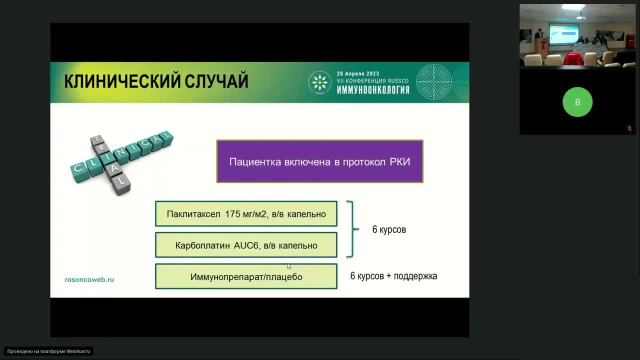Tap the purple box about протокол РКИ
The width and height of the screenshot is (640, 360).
(x=319, y=161)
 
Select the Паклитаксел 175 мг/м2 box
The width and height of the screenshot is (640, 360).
(x=246, y=214)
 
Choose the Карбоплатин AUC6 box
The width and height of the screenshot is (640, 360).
(x=246, y=245)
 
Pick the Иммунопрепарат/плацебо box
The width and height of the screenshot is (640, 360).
(x=246, y=276)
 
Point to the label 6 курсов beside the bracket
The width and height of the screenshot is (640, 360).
(x=389, y=229)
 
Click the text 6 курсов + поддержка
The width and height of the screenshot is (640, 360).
(x=393, y=276)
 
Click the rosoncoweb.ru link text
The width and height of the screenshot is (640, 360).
(x=89, y=279)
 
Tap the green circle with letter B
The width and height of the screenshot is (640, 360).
(x=577, y=102)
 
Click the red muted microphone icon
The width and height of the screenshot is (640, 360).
(x=629, y=128)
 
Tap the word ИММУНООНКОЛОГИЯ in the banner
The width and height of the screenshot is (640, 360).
(x=372, y=90)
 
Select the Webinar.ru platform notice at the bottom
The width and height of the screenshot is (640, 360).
(x=48, y=351)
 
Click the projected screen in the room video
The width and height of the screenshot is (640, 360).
(x=563, y=33)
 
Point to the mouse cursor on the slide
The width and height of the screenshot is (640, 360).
(x=288, y=266)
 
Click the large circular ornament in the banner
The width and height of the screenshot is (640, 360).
(x=433, y=82)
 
